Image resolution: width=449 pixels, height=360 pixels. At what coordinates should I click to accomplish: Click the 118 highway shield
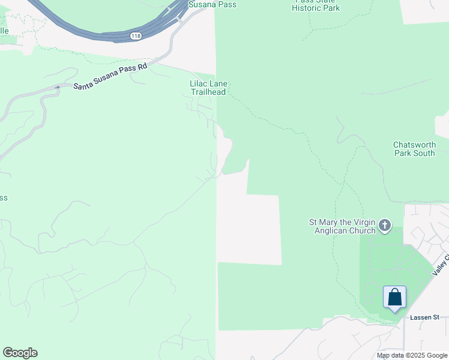coord(136,37)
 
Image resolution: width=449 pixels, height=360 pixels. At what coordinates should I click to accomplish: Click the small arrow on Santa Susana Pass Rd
coord(58,88)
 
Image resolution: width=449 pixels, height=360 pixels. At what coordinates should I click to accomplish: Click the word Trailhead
coord(208,92)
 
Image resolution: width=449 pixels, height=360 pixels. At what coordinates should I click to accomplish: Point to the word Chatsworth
coord(414,145)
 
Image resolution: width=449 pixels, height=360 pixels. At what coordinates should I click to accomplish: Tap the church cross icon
coord(385,226)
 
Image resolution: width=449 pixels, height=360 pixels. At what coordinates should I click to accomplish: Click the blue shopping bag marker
coord(394,297)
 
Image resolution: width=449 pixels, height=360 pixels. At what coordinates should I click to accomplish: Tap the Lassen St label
coord(425,317)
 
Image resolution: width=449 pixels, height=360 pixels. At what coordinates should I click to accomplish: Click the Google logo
coord(20,353)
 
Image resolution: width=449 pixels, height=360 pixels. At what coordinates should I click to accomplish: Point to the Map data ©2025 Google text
coord(411,355)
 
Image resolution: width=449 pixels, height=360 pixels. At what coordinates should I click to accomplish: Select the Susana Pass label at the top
coord(212,5)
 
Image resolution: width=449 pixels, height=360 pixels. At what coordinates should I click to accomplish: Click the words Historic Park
coord(317,8)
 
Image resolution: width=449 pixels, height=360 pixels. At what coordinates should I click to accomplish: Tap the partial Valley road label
coord(441,265)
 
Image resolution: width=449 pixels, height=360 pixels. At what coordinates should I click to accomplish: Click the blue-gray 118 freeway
coord(90,27)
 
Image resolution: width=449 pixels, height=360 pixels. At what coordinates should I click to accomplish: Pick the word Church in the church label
coord(361,230)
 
